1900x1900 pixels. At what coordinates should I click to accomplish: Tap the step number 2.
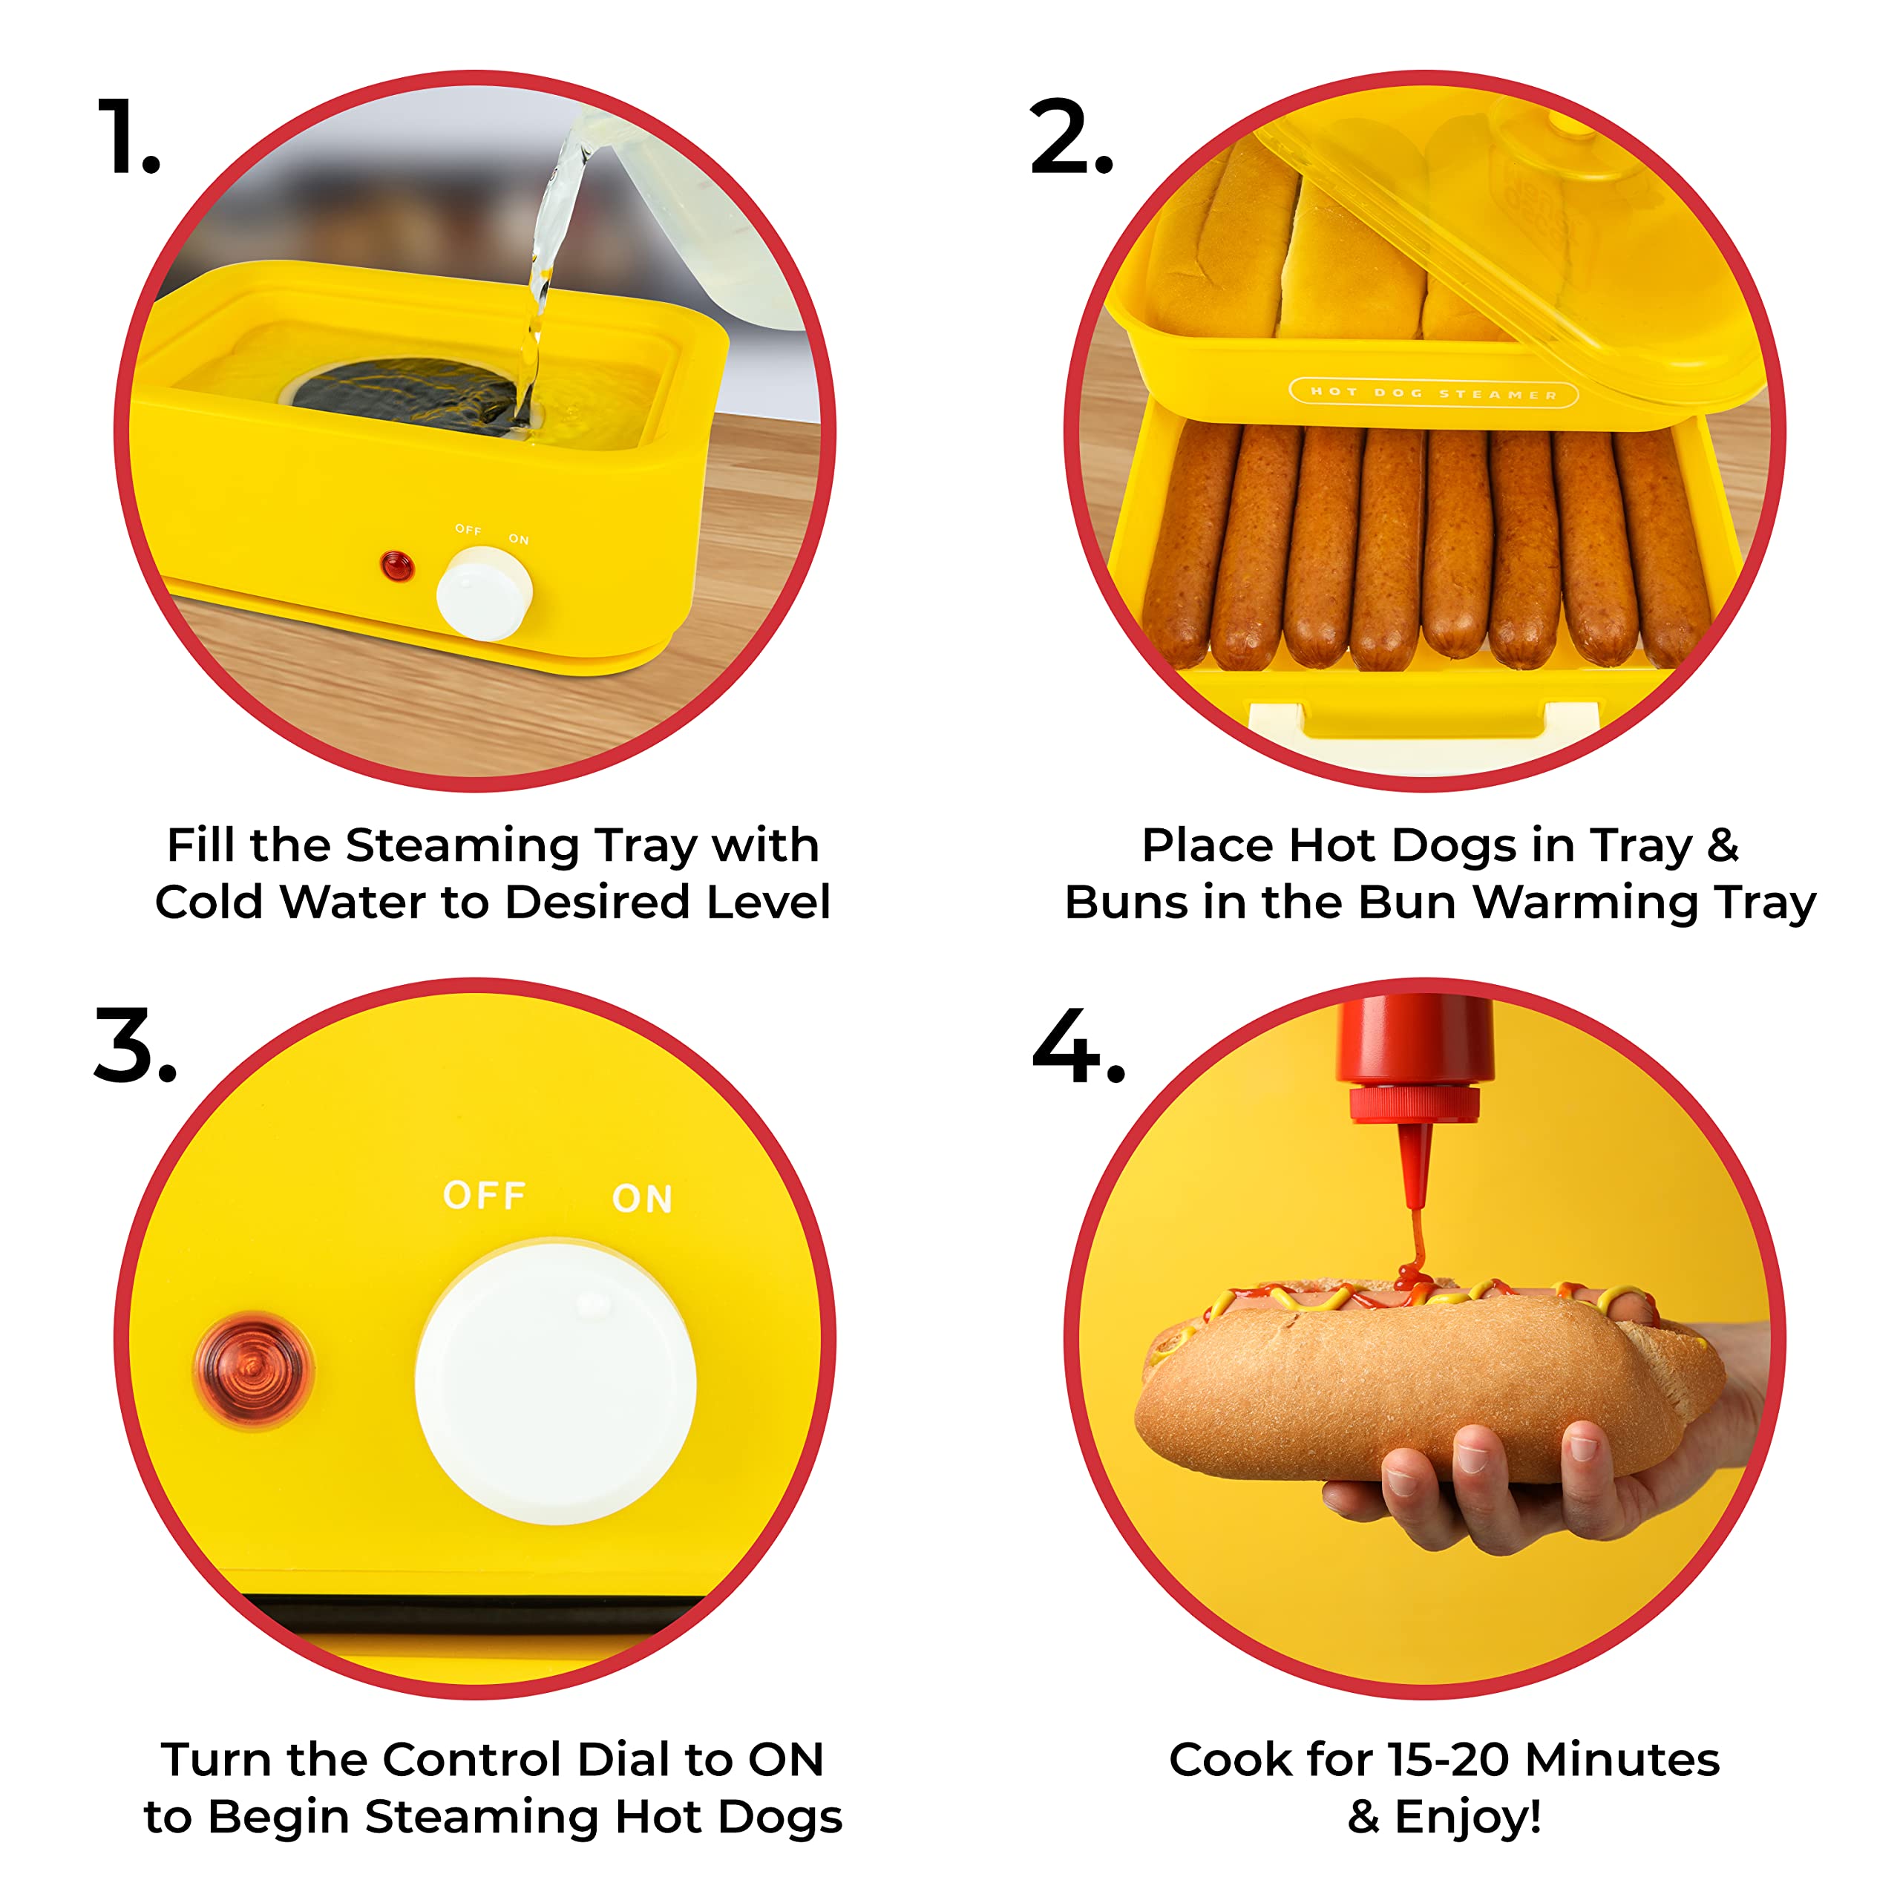pos(1070,138)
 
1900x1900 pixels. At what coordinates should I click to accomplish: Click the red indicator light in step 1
pos(396,566)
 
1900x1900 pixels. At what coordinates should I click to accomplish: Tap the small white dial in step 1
pos(484,593)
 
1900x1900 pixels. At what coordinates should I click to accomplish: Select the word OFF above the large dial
pos(484,1195)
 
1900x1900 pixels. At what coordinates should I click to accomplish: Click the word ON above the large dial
pos(642,1199)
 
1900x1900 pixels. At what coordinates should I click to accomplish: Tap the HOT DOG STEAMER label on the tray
pos(1433,393)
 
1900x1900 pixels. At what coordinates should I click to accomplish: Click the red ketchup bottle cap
pos(1414,1101)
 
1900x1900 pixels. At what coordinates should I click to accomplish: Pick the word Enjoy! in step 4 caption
pos(1467,1816)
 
